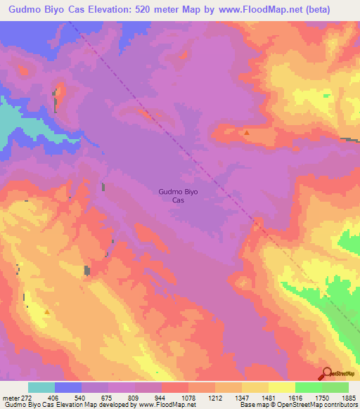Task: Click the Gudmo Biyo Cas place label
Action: coord(173,195)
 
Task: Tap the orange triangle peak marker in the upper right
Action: coord(246,132)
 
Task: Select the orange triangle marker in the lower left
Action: coord(47,311)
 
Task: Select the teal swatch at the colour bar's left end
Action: coord(41,387)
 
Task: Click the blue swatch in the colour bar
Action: coord(68,387)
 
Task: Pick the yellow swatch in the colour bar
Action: coord(281,387)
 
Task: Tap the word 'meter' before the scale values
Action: coord(10,397)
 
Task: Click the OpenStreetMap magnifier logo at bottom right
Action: coord(328,373)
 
